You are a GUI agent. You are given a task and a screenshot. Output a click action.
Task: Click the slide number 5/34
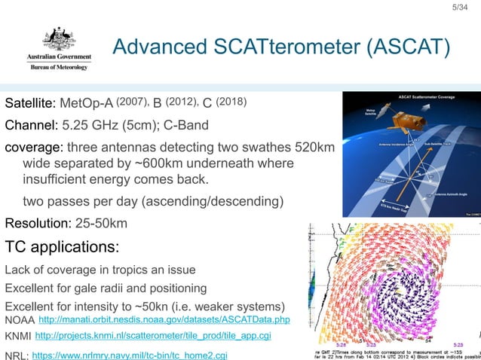click(x=460, y=8)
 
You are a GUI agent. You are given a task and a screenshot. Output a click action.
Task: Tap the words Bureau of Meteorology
click(x=59, y=67)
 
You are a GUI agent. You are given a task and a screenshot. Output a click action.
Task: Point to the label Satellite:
click(x=30, y=102)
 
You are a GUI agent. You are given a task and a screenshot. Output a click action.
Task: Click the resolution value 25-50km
click(x=101, y=224)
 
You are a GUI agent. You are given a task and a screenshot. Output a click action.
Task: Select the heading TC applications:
click(x=62, y=246)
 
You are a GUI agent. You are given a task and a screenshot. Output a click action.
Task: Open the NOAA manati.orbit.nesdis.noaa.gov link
click(x=164, y=321)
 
